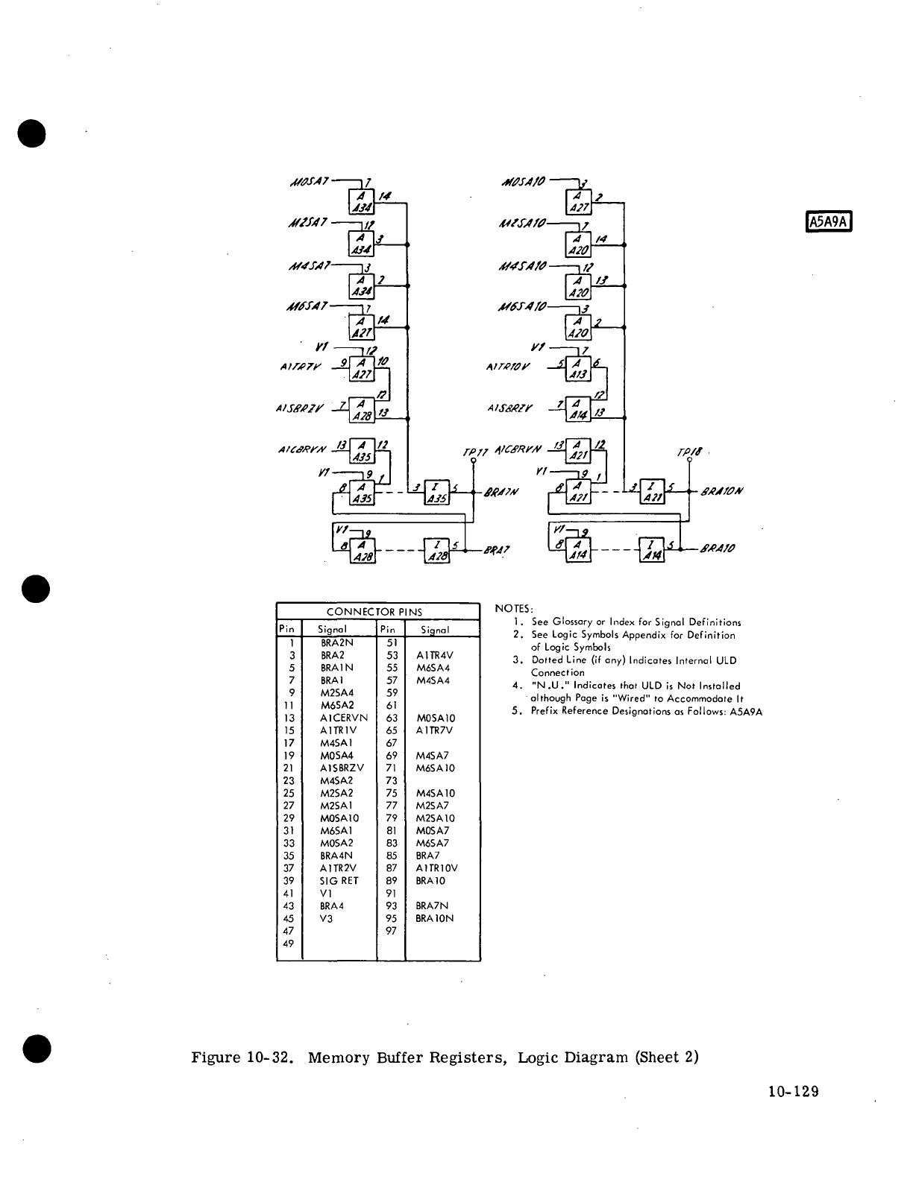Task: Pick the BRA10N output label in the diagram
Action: click(x=723, y=491)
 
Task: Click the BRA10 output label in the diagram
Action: click(x=718, y=549)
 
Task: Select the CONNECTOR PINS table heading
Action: click(x=374, y=612)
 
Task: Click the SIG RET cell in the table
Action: click(x=339, y=881)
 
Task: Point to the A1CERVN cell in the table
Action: click(x=344, y=718)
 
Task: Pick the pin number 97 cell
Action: click(x=391, y=931)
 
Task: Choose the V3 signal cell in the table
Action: click(x=326, y=918)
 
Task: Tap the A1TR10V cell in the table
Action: click(x=436, y=868)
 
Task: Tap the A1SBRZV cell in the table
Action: click(x=342, y=768)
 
